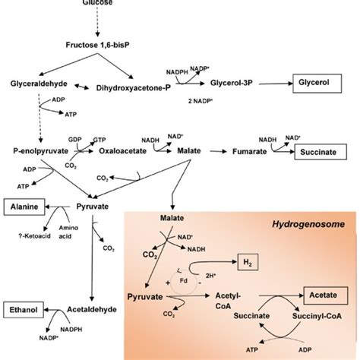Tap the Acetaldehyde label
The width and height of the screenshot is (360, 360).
pos(96,309)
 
